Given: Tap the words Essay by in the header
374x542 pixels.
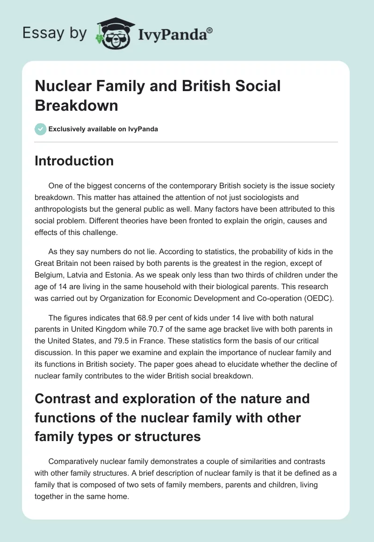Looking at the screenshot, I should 54,33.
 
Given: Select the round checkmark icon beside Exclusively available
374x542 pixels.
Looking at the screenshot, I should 40,129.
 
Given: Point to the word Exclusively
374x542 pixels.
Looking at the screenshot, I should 68,129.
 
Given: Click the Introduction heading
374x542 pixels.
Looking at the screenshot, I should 74,161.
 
